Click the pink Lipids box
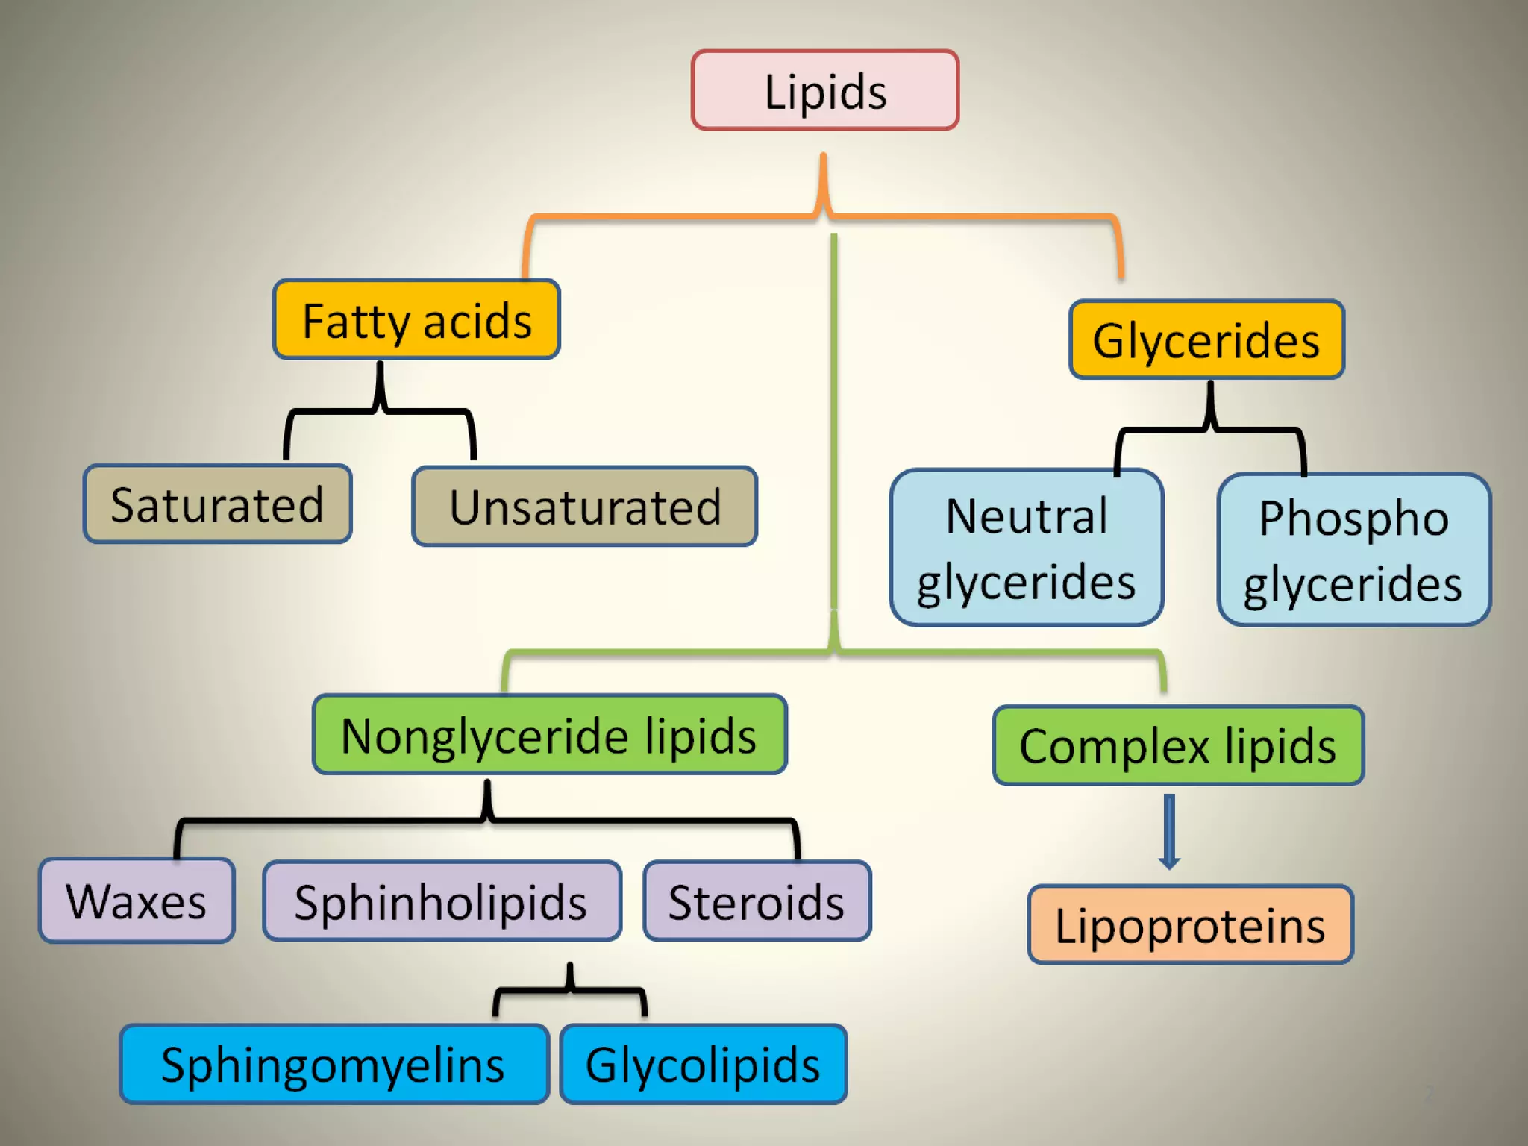[824, 91]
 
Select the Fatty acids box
[416, 320]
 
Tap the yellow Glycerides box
[1206, 340]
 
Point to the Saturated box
[217, 504]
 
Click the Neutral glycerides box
[1026, 548]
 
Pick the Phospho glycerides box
[1353, 551]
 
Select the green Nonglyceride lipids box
[549, 736]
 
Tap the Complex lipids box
[1177, 746]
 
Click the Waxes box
[137, 901]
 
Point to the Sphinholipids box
[441, 902]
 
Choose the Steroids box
[757, 902]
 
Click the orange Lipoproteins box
[1189, 925]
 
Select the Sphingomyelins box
[334, 1065]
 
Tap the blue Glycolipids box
[703, 1065]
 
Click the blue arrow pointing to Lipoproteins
[1169, 830]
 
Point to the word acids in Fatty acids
[477, 322]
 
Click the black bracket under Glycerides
[1210, 428]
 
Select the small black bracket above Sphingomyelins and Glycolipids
[570, 989]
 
